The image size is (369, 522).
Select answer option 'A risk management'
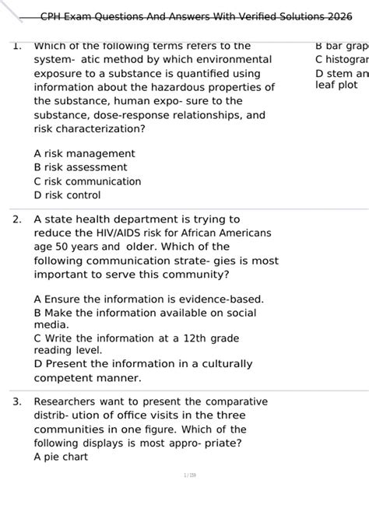point(84,154)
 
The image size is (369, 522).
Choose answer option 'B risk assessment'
point(80,167)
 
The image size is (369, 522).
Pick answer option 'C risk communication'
point(87,181)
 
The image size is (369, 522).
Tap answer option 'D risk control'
point(67,195)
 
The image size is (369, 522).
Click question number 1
point(16,46)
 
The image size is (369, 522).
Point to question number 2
point(16,220)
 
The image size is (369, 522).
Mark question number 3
point(16,402)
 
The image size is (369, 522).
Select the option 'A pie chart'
point(61,457)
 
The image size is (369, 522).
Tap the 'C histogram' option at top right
point(343,60)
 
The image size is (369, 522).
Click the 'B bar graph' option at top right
point(343,46)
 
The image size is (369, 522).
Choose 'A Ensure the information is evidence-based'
point(149,300)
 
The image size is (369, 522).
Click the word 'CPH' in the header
point(54,16)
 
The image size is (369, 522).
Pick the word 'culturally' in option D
point(223,364)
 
